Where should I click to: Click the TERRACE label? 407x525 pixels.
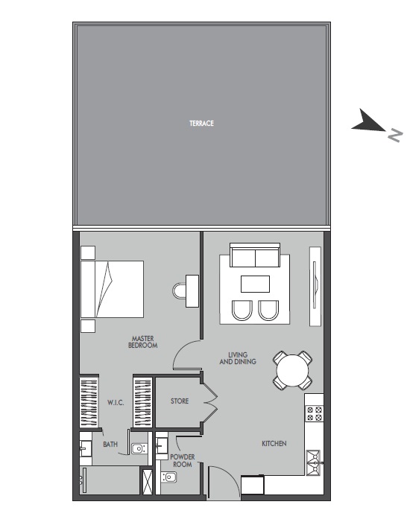pyautogui.click(x=201, y=124)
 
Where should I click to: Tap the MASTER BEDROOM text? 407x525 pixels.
pyautogui.click(x=142, y=342)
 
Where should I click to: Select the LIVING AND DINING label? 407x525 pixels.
pyautogui.click(x=238, y=357)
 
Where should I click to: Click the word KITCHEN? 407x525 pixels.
pyautogui.click(x=274, y=444)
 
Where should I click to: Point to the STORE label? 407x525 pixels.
pyautogui.click(x=180, y=401)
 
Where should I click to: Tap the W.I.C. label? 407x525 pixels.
pyautogui.click(x=115, y=402)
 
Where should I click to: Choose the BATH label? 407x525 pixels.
pyautogui.click(x=110, y=445)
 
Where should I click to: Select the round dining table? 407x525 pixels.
pyautogui.click(x=293, y=370)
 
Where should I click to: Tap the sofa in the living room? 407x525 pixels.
pyautogui.click(x=255, y=257)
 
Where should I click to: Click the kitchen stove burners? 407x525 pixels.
pyautogui.click(x=314, y=413)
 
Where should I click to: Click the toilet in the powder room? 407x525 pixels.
pyautogui.click(x=168, y=477)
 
